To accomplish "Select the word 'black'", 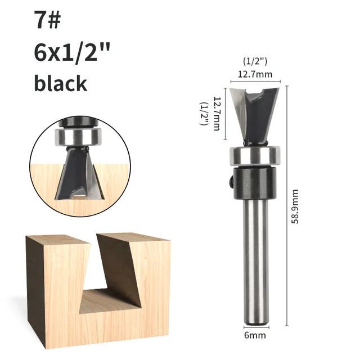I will click(61, 83).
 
